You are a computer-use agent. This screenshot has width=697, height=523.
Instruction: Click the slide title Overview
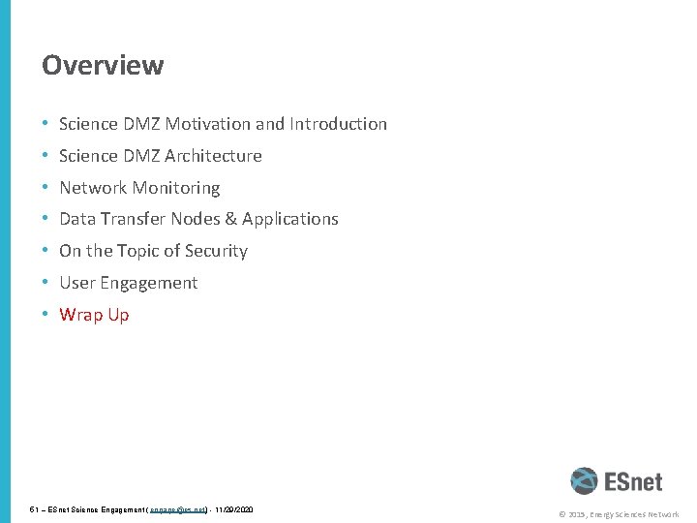pyautogui.click(x=103, y=65)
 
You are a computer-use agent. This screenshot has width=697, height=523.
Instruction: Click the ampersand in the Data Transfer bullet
pyautogui.click(x=229, y=219)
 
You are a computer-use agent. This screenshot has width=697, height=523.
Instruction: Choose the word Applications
pyautogui.click(x=290, y=219)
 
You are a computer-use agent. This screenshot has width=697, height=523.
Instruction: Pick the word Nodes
pyautogui.click(x=195, y=219)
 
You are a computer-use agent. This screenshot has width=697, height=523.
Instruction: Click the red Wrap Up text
pyautogui.click(x=94, y=315)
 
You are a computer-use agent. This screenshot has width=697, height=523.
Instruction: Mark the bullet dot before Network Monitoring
pyautogui.click(x=45, y=188)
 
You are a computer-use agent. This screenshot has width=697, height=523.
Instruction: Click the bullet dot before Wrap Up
pyautogui.click(x=45, y=315)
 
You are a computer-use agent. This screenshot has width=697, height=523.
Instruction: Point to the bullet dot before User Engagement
pyautogui.click(x=45, y=283)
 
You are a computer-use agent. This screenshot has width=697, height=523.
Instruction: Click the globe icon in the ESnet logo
pyautogui.click(x=584, y=480)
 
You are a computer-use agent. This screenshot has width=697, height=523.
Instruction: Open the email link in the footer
pyautogui.click(x=179, y=508)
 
